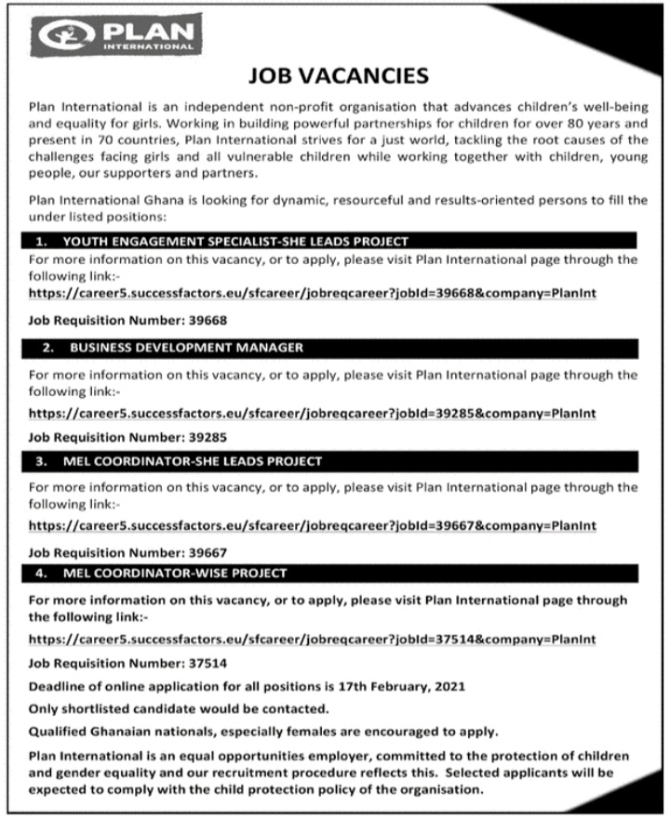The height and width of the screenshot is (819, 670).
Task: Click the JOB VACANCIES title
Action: pos(340,75)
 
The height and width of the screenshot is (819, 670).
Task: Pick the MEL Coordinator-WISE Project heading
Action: pos(176,573)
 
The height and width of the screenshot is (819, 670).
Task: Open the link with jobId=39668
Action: pos(313,293)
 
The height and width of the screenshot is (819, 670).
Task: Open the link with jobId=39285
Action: pos(313,412)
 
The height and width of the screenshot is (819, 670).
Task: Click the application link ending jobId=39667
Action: pos(313,525)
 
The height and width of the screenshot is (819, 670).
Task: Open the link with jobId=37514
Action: pos(313,640)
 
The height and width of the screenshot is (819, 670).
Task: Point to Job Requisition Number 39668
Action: pos(206,320)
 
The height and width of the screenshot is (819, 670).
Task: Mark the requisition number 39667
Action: pos(206,550)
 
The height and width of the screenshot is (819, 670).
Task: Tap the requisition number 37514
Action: pos(206,664)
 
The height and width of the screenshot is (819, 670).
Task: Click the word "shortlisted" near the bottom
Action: pos(96,708)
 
